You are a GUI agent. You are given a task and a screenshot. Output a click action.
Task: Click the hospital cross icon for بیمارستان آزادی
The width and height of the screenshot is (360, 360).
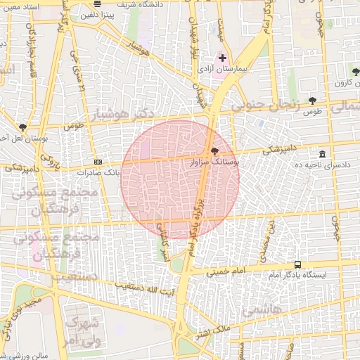pyautogui.click(x=222, y=57)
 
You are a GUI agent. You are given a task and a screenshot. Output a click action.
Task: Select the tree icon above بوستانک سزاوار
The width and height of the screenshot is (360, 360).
pyautogui.click(x=214, y=151)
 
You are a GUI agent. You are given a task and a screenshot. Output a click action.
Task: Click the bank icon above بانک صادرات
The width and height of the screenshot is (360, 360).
pyautogui.click(x=96, y=161)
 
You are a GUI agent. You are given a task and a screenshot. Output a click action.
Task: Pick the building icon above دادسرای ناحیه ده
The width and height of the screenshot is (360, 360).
pyautogui.click(x=322, y=154)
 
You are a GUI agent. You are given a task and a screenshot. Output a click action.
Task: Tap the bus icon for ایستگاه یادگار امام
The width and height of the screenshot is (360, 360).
pyautogui.click(x=298, y=265)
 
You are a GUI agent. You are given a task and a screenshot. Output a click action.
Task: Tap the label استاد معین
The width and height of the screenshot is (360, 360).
pyautogui.click(x=20, y=7)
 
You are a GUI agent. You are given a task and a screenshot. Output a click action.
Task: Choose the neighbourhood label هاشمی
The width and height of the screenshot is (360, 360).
pyautogui.click(x=262, y=310)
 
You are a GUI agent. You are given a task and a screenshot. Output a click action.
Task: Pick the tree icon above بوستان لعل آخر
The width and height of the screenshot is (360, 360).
pyautogui.click(x=23, y=128)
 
